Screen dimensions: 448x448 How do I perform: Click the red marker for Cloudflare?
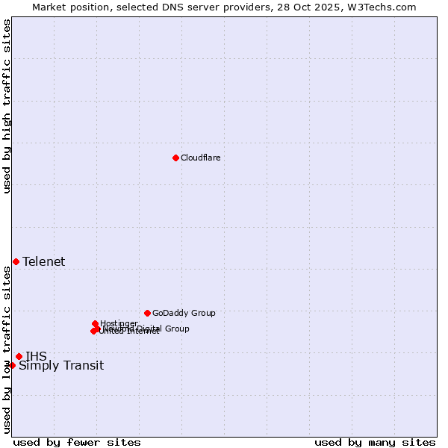175,158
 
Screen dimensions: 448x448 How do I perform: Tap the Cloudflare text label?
200,158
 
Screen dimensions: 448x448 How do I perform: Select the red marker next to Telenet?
16,261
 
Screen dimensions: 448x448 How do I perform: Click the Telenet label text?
43,261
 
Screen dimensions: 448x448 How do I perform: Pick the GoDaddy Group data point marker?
147,313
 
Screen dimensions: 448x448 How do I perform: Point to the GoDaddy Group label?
184,313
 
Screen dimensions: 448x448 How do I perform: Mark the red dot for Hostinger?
95,323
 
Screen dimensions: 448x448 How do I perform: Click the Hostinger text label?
119,323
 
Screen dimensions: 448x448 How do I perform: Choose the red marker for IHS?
19,356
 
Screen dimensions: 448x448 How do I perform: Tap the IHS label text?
36,356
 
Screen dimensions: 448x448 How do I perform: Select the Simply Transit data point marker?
12,365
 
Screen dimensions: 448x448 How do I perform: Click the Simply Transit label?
61,365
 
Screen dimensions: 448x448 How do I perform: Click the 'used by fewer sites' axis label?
77,442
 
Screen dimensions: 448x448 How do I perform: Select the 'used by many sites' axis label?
375,442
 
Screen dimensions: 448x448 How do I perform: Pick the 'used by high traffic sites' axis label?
7,106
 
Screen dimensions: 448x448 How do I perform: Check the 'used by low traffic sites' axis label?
7,349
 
